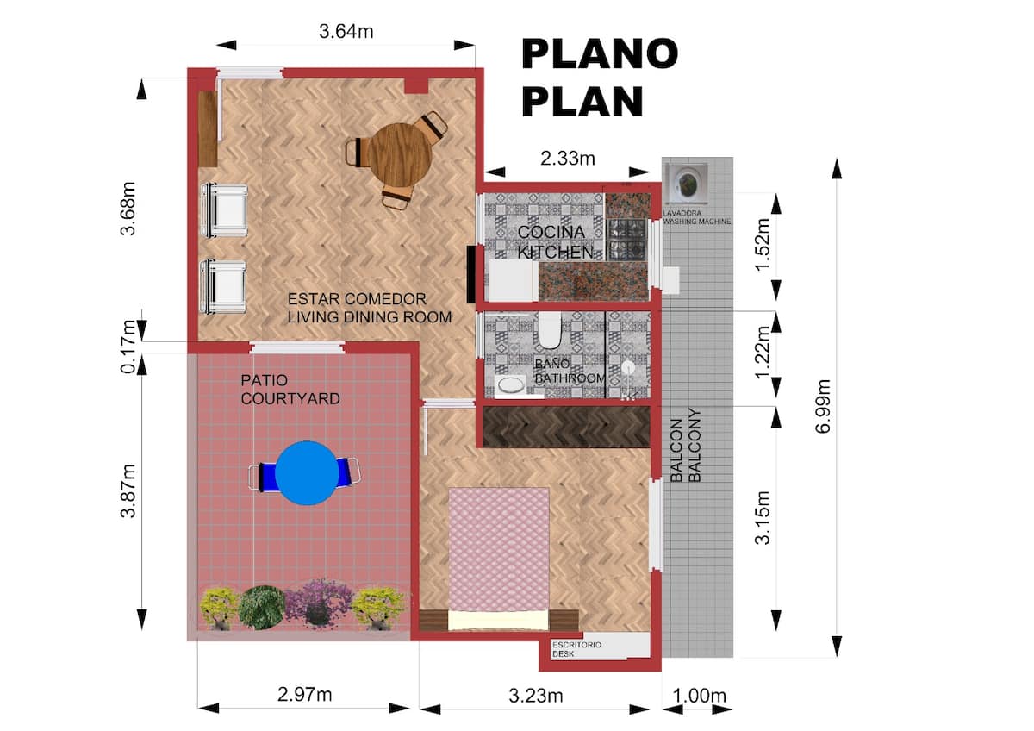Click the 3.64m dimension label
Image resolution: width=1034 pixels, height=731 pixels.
[x=346, y=31]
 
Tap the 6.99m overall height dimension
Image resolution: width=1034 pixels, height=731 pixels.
[x=823, y=406]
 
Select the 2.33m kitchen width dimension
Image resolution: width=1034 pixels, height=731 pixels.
[x=567, y=159]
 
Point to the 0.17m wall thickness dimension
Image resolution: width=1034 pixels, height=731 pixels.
[x=128, y=346]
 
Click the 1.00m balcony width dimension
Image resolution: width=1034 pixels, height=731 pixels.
[x=699, y=696]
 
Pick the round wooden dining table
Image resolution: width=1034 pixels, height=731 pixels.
[x=400, y=155]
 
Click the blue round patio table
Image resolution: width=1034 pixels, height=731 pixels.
[x=307, y=473]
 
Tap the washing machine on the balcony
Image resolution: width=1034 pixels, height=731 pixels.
[x=686, y=184]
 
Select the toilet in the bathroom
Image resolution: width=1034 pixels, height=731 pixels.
[x=550, y=329]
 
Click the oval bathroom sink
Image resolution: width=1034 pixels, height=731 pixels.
[x=510, y=385]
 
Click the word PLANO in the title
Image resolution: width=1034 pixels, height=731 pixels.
[x=600, y=54]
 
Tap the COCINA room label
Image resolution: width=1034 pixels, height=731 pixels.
[x=551, y=232]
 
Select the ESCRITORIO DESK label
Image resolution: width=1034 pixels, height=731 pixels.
[x=576, y=649]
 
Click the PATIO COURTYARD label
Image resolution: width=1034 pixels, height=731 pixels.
[x=290, y=390]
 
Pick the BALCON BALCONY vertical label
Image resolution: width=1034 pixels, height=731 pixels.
[x=685, y=445]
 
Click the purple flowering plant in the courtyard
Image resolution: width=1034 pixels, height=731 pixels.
[x=316, y=603]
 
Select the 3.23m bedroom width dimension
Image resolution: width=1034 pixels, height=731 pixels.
[x=535, y=696]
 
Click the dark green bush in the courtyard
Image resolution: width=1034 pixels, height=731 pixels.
[x=262, y=607]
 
